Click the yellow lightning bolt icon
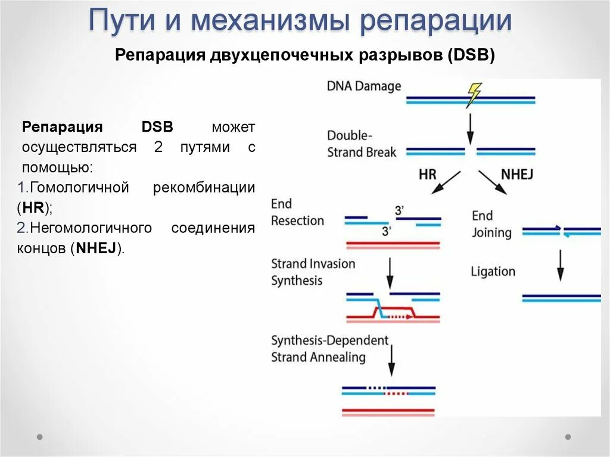(474, 94)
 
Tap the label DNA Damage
(364, 86)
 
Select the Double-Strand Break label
(362, 144)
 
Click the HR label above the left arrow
(428, 175)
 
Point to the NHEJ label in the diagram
(517, 175)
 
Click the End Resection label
(297, 212)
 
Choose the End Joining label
(491, 223)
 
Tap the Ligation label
(493, 272)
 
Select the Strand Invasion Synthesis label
(313, 272)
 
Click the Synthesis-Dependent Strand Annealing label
(329, 349)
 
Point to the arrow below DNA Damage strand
(470, 127)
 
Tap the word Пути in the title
(123, 21)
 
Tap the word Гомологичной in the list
(79, 188)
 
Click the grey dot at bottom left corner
(40, 437)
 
